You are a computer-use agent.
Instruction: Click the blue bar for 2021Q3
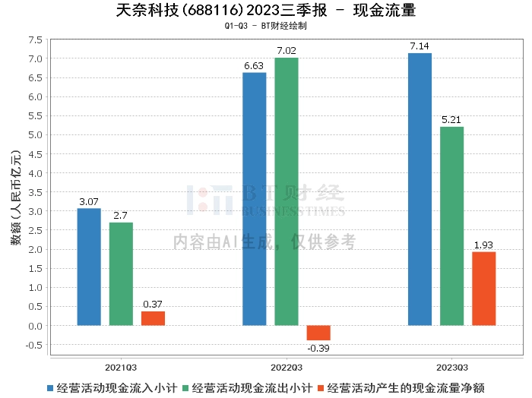[89, 267]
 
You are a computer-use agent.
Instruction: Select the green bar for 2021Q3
[121, 273]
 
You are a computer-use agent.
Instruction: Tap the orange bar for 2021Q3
[153, 318]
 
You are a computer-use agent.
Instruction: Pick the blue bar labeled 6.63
[255, 199]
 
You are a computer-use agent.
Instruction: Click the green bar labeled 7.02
[287, 191]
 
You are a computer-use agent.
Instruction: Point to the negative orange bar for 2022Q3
[318, 333]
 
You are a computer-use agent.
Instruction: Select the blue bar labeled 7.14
[420, 189]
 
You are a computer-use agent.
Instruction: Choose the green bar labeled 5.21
[451, 226]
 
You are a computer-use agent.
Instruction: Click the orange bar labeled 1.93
[483, 289]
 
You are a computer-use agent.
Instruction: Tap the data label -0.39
[318, 347]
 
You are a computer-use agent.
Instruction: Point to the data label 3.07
[89, 202]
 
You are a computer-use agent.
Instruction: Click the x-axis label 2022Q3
[287, 365]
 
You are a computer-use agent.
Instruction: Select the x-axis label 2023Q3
[451, 365]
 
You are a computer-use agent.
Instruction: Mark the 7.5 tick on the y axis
[35, 39]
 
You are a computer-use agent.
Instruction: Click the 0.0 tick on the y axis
[35, 326]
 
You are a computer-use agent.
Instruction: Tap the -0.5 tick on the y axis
[33, 345]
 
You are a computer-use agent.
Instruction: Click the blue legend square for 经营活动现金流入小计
[51, 387]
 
